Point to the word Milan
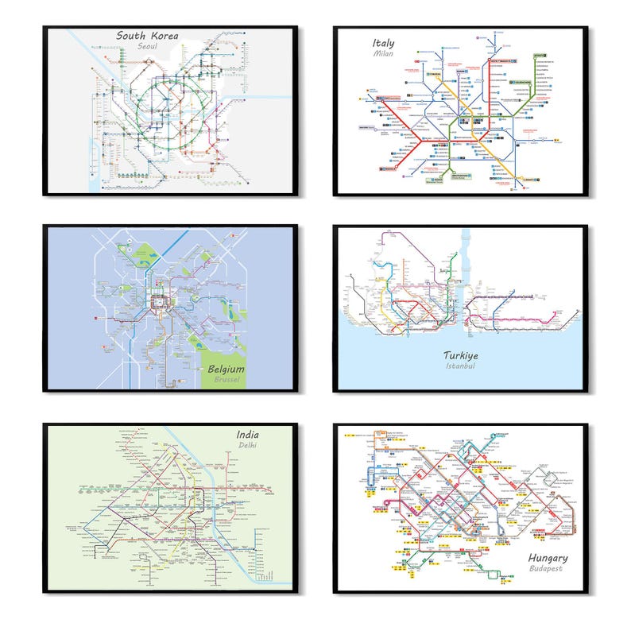(x=384, y=54)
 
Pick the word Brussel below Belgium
(x=226, y=381)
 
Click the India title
(x=247, y=434)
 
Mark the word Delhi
(x=248, y=446)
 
